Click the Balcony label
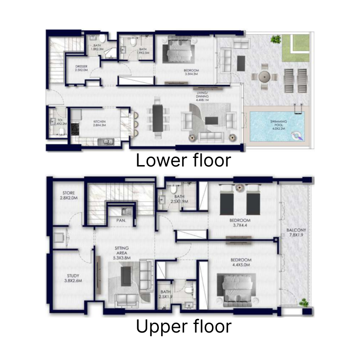[296, 235]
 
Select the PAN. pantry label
[121, 221]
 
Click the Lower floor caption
[183, 160]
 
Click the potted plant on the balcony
[304, 302]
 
